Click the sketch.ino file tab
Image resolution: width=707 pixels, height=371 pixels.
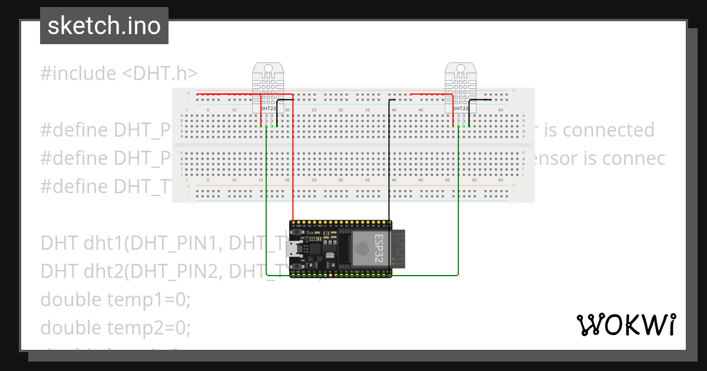click(x=104, y=26)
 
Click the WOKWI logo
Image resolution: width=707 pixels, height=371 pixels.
click(x=626, y=324)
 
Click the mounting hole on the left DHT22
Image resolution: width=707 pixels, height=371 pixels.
click(x=269, y=68)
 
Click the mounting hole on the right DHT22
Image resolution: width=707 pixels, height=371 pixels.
click(x=461, y=68)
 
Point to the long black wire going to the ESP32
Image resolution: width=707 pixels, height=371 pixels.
click(x=388, y=165)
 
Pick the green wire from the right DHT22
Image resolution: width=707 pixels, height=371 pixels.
click(x=458, y=206)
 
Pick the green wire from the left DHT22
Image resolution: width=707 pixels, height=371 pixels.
click(x=267, y=206)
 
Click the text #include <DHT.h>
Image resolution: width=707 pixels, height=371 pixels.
click(x=119, y=74)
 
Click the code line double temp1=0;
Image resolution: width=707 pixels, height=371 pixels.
click(x=115, y=299)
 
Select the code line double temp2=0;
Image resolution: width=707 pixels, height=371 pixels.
click(x=115, y=327)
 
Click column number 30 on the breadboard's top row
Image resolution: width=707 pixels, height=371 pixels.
click(x=341, y=110)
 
